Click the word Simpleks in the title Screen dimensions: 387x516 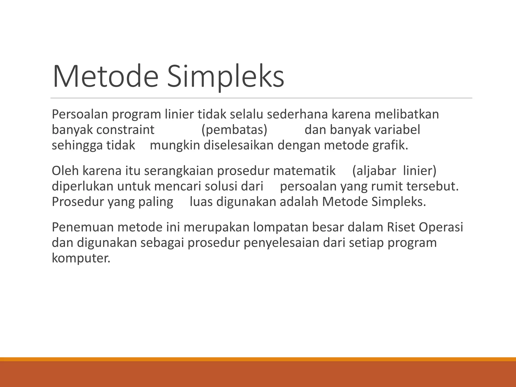point(226,76)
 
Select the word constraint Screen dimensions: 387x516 point(125,130)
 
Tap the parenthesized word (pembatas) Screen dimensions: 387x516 point(234,130)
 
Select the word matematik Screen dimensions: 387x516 point(304,171)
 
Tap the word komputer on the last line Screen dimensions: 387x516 point(81,258)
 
